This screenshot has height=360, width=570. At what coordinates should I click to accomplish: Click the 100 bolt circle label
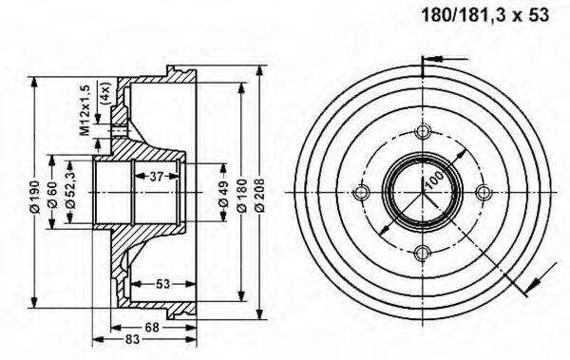pos(433,180)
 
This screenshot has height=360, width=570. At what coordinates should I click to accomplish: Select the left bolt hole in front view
pos(361,193)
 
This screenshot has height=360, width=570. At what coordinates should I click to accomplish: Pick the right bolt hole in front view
pos(484,193)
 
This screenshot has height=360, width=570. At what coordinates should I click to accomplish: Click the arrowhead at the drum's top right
pos(424,64)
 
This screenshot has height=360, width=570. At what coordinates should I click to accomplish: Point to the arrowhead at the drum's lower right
pos(527,288)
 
